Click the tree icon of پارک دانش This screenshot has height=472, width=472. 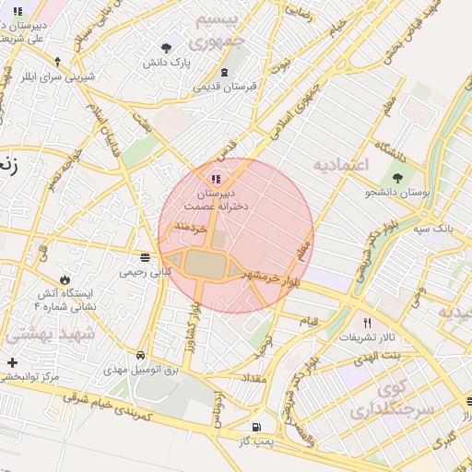[167, 48]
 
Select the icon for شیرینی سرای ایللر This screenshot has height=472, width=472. [57, 62]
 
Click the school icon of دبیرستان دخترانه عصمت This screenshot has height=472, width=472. [216, 179]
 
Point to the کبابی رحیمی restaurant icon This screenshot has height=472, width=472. [144, 258]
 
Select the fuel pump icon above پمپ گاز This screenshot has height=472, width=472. [255, 428]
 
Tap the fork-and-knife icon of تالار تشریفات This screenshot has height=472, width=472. [368, 323]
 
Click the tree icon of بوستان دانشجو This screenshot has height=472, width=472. [398, 177]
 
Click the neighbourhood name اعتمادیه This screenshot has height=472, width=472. [340, 164]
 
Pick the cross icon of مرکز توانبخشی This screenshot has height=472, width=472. [11, 362]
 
